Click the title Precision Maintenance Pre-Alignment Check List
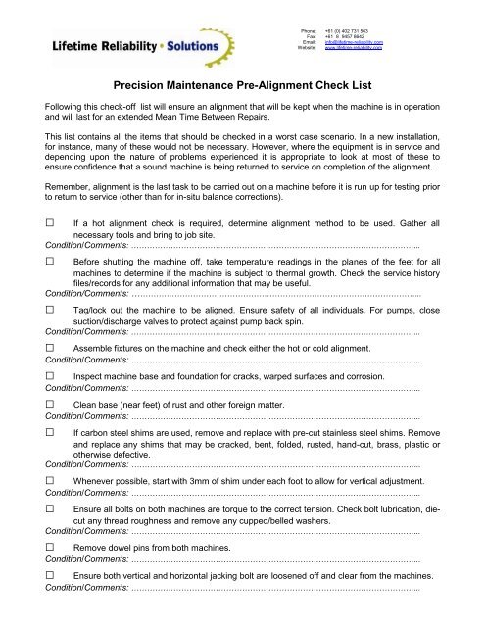pos(241,86)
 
